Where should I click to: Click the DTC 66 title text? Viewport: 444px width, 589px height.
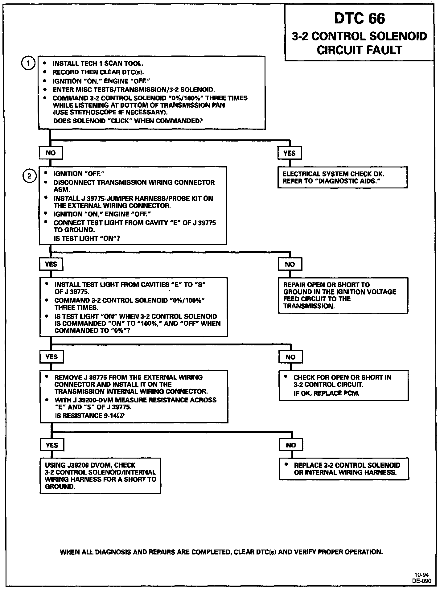(x=360, y=19)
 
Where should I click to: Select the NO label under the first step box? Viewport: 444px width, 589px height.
(x=51, y=153)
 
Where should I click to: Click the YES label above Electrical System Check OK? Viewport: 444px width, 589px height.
(x=289, y=153)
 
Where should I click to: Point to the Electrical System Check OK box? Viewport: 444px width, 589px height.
(x=342, y=178)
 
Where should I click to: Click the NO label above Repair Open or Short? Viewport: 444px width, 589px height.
(x=290, y=264)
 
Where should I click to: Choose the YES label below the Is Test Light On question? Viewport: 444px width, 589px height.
(x=51, y=264)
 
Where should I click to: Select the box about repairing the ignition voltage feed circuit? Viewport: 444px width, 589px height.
(x=343, y=295)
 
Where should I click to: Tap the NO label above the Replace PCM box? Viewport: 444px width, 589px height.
(x=290, y=357)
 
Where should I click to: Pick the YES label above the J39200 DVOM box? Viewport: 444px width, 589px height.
(x=51, y=445)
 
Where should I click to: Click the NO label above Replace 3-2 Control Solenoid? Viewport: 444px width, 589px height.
(x=291, y=445)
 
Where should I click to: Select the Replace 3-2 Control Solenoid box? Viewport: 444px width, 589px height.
(x=344, y=469)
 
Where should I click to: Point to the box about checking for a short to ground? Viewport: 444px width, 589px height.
(x=101, y=476)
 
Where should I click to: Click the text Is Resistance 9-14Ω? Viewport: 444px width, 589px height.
(x=90, y=416)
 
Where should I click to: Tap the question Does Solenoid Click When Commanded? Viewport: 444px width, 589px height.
(x=128, y=121)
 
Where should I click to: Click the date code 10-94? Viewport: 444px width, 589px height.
(x=421, y=575)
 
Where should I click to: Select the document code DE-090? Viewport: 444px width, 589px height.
(x=421, y=581)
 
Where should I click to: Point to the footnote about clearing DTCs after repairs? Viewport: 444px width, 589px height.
(x=221, y=552)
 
